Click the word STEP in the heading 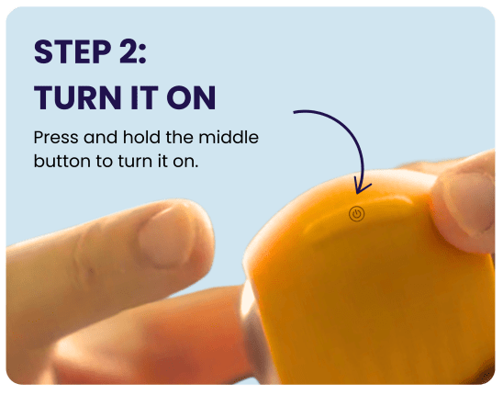coord(73,51)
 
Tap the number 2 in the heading coord(128,51)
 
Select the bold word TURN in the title coord(77,97)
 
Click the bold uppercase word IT coord(144,97)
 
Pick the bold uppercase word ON coord(191,97)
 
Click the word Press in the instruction coord(56,138)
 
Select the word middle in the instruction coord(229,137)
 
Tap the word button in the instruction coord(61,161)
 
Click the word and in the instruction coord(100,137)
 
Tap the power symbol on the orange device coord(357,214)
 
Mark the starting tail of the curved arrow coord(295,112)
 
